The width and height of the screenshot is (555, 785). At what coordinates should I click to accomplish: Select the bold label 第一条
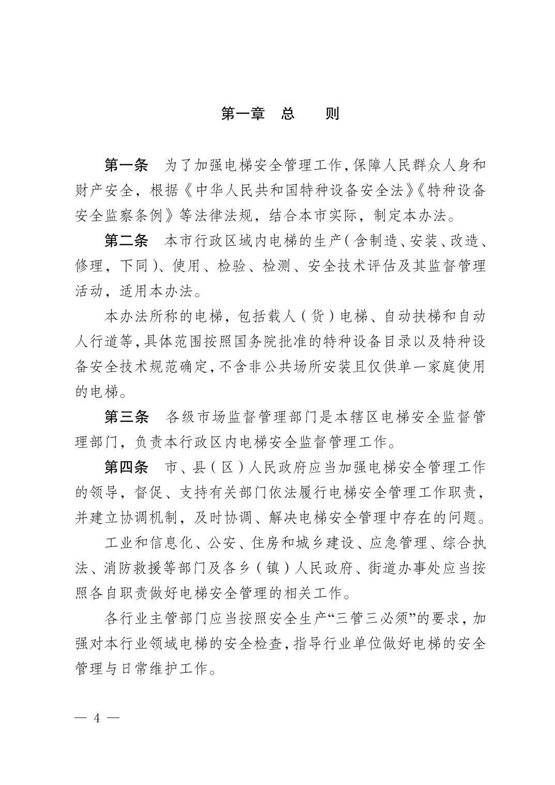point(126,166)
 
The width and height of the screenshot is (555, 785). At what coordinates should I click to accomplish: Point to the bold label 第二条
point(126,241)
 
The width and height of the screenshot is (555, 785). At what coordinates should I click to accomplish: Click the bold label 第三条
point(126,417)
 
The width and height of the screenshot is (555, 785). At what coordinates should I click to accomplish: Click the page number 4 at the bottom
point(96,718)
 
